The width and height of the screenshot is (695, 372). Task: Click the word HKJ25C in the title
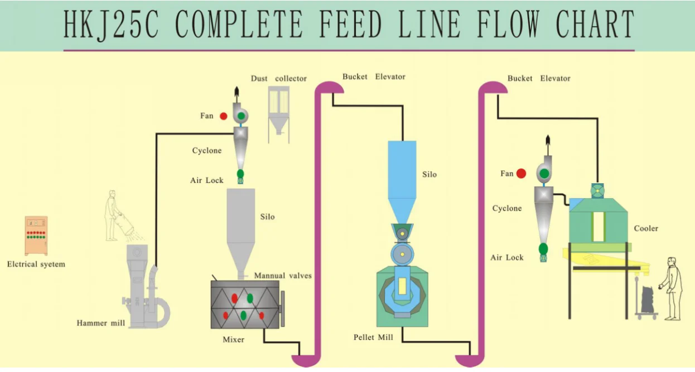[x=111, y=25]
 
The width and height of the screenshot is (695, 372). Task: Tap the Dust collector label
[x=278, y=79]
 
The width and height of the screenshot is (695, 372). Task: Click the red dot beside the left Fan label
[x=223, y=116]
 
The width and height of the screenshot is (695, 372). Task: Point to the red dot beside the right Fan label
[x=521, y=174]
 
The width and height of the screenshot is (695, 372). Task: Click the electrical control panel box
[x=36, y=235]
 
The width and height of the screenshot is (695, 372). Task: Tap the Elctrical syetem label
[x=36, y=264]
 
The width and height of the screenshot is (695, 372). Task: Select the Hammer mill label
[x=100, y=323]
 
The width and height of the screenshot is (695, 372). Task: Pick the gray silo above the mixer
[x=240, y=223]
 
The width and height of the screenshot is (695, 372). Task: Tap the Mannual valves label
[x=283, y=276]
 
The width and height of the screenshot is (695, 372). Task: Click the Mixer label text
[x=233, y=339]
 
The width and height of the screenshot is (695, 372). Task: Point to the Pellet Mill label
[x=373, y=337]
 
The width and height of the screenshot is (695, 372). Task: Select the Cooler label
[x=646, y=228]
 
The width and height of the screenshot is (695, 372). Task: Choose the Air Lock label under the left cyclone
[x=206, y=180]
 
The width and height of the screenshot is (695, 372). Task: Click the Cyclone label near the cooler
[x=507, y=208]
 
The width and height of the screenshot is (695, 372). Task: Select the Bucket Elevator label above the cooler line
[x=539, y=79]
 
